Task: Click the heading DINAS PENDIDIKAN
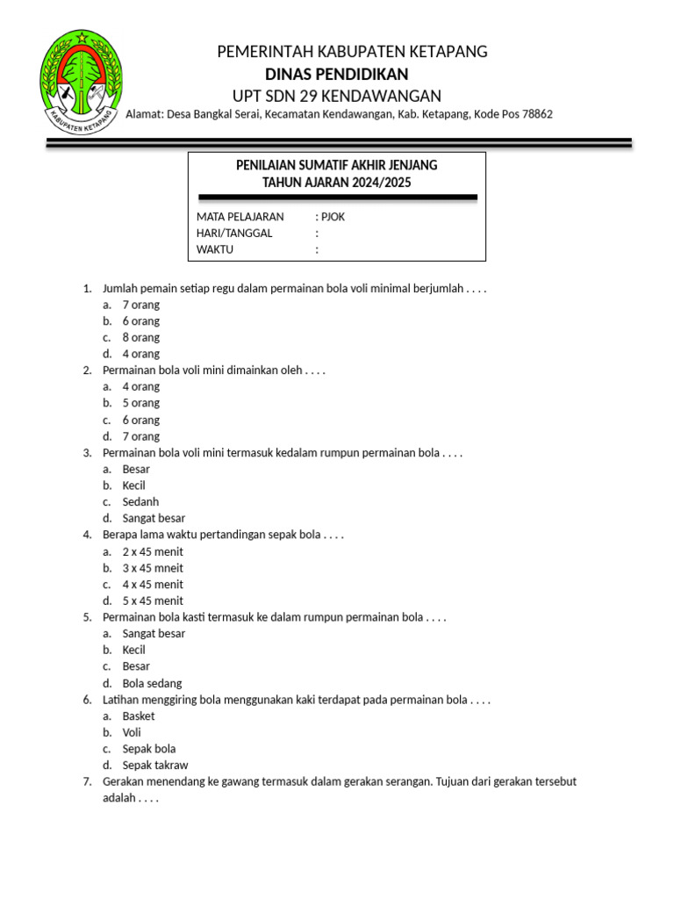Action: coord(336,74)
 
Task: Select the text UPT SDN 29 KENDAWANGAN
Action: coord(336,96)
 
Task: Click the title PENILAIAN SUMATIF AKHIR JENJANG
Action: coord(337,165)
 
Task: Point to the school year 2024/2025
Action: coord(378,183)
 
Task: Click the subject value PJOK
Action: coord(333,217)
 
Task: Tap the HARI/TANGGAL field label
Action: coord(234,233)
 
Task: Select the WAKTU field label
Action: coord(215,249)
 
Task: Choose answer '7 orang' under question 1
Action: coord(140,305)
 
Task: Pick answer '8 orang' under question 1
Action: coord(140,337)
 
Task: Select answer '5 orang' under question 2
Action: coord(140,403)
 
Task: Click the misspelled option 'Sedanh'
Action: coord(140,502)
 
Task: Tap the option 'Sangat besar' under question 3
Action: coord(154,518)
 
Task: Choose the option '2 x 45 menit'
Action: coord(153,551)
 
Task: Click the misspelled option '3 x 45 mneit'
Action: coord(153,568)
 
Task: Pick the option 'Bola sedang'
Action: coord(152,683)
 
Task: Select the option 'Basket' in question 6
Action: coord(139,716)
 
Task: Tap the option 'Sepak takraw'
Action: coord(154,766)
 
